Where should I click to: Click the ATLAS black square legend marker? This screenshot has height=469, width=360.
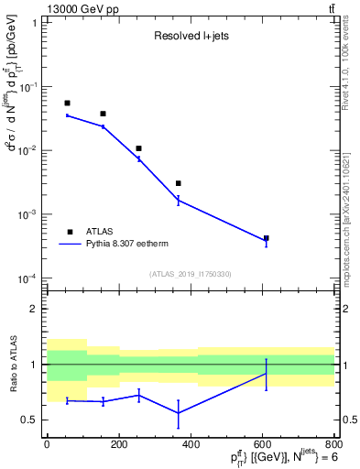point(69,232)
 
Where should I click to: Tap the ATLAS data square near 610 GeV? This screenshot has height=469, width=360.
point(266,238)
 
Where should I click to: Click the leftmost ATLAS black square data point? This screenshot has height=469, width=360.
point(67,103)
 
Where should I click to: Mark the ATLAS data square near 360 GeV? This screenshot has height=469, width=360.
point(179,183)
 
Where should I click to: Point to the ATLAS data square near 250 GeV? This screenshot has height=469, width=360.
point(138,147)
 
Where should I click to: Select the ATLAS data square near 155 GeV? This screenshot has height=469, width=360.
point(103,114)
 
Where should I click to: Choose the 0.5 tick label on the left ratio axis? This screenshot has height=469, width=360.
point(30,420)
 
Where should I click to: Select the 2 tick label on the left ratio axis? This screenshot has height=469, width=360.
point(34,309)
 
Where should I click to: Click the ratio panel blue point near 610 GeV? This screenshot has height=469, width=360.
point(266,374)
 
